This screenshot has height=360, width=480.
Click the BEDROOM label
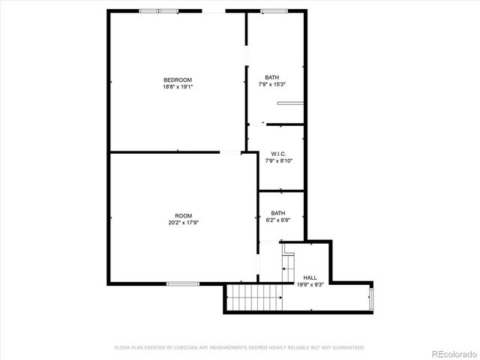(178, 80)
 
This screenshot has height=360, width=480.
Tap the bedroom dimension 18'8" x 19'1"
(178, 87)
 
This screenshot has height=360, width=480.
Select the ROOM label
(183, 215)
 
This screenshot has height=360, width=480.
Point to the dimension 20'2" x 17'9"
(183, 222)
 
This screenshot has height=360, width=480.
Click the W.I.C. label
(278, 154)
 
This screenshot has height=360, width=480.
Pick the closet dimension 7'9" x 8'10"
(278, 160)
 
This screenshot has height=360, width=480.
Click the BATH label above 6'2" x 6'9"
(278, 212)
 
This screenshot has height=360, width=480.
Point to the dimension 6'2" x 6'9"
(278, 219)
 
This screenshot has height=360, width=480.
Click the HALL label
(310, 277)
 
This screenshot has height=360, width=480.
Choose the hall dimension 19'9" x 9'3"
(310, 284)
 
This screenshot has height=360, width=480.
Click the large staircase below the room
(254, 298)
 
